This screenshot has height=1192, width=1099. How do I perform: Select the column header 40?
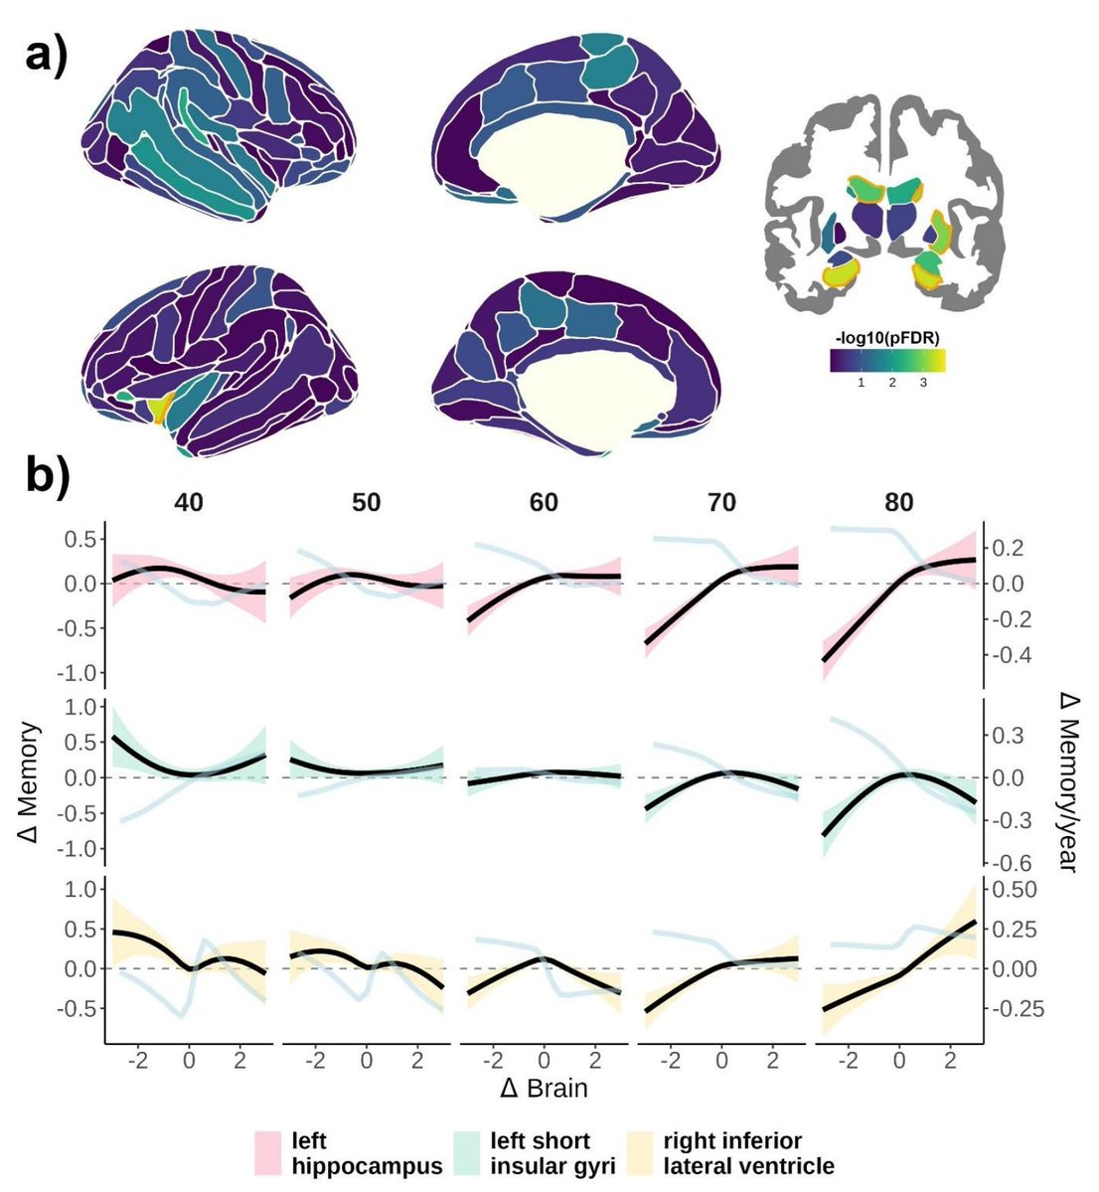(x=189, y=502)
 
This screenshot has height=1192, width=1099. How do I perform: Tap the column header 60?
(x=544, y=502)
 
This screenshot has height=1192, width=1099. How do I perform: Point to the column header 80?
(x=899, y=502)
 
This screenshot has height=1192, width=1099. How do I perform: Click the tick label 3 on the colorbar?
(x=923, y=383)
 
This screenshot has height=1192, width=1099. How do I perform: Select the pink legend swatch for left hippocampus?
(x=270, y=1150)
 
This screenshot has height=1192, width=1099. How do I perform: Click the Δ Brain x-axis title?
(x=544, y=1088)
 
